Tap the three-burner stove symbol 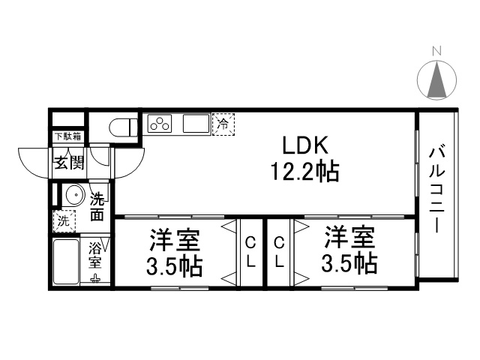[163, 122]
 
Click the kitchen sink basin [197, 123]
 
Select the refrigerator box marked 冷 [223, 123]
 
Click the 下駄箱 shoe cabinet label [67, 136]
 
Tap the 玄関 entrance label [67, 160]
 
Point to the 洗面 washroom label [97, 208]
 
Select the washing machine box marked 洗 [64, 221]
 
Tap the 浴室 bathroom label [96, 254]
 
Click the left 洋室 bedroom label [173, 241]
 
